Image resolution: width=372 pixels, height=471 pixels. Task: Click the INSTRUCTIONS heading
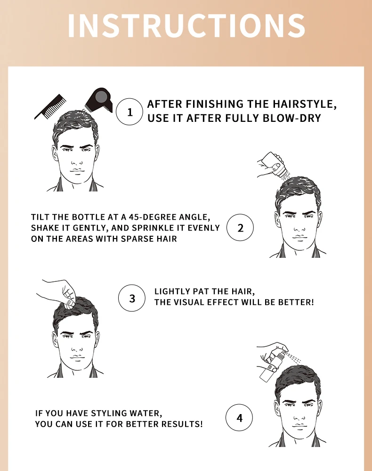click(186, 25)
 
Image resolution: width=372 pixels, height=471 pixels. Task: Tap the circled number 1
click(129, 112)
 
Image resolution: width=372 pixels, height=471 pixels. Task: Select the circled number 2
click(240, 227)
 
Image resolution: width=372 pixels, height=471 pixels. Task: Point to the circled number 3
click(132, 298)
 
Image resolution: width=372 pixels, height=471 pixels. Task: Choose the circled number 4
click(239, 417)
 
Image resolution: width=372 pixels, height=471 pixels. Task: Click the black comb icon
click(50, 107)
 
